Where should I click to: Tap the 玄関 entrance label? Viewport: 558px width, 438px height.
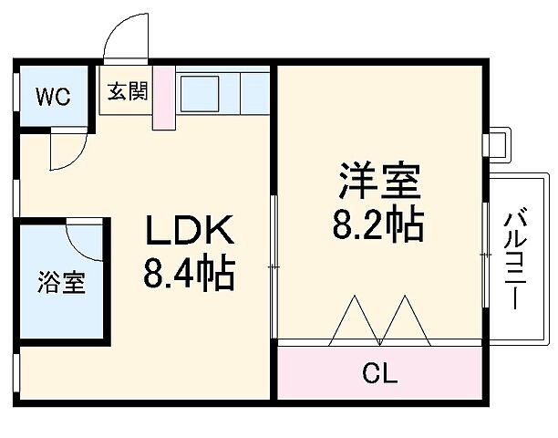point(125,92)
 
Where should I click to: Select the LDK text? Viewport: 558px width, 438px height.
point(191,232)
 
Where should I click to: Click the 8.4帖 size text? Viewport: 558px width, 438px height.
point(190,273)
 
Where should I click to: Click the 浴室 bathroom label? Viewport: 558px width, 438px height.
point(62,282)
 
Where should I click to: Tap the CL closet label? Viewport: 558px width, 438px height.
point(379,373)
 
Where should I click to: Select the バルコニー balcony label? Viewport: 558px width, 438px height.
point(515,259)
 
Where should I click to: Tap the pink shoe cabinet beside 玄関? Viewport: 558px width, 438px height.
point(162,95)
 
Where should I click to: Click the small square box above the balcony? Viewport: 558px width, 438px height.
point(497,144)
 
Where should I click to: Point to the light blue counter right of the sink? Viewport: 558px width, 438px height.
point(255,91)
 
